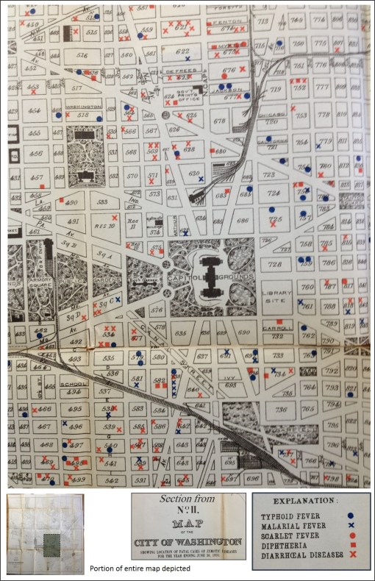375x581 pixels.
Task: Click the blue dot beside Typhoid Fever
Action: coord(352,516)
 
